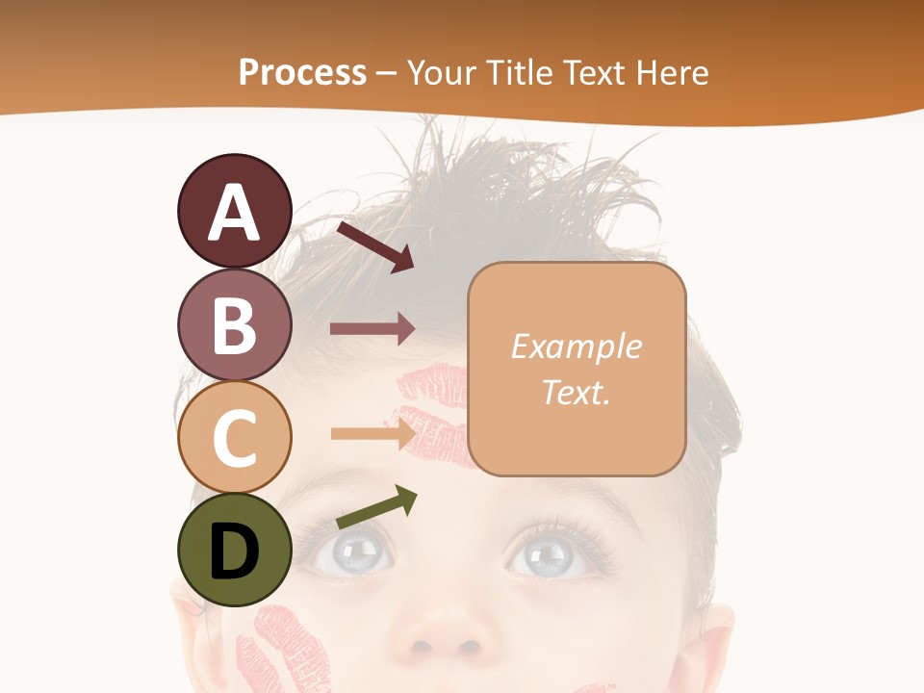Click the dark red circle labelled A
click(234, 211)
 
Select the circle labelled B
click(234, 324)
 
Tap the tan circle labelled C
click(234, 437)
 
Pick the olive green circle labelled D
click(234, 550)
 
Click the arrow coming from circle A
click(375, 246)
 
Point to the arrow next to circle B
click(372, 329)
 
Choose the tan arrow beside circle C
click(372, 433)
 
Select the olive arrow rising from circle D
click(377, 508)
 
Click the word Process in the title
click(302, 72)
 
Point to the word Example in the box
click(576, 346)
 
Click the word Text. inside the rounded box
click(576, 393)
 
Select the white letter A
click(234, 213)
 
